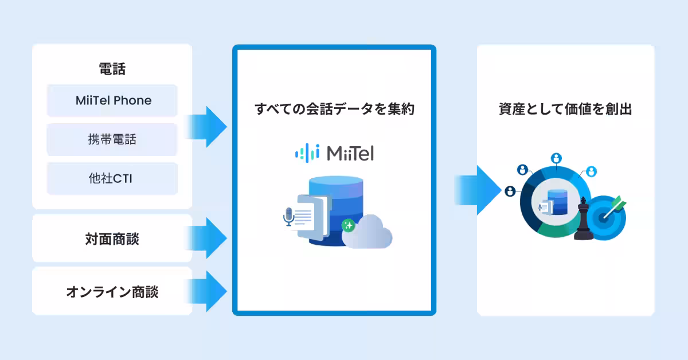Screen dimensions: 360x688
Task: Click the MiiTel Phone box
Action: tap(113, 101)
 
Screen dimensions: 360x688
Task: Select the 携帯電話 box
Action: tap(113, 139)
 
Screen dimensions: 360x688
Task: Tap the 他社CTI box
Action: tap(113, 178)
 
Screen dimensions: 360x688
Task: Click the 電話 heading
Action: tap(112, 70)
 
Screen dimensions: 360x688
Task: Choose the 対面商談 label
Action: tap(112, 239)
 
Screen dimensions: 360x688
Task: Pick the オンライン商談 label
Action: tap(112, 292)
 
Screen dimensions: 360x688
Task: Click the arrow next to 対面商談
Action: tap(207, 237)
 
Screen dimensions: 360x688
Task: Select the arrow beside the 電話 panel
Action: tap(207, 127)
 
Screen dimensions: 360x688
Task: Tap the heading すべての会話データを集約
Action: tap(334, 109)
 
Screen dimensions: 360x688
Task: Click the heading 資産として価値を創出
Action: tap(565, 109)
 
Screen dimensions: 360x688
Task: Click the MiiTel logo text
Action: tap(350, 153)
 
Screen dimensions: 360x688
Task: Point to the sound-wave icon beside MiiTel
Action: tap(306, 152)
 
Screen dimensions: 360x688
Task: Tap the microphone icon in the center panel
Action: tap(288, 216)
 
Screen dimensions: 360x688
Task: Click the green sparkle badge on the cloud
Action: tap(348, 225)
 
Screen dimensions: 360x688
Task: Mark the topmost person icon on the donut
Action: tap(556, 158)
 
